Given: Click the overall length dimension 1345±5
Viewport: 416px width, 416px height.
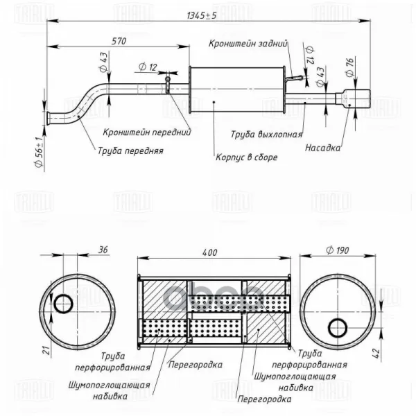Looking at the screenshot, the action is point(202,16).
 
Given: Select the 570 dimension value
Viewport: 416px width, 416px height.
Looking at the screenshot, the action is point(119,42).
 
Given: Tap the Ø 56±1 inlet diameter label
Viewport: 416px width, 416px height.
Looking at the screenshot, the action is point(39,152).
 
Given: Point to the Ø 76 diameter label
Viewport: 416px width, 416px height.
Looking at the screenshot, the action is point(350,67).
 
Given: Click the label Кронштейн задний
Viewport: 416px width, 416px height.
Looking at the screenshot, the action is point(248,44).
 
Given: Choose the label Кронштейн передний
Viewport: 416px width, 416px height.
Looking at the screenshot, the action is point(147,132).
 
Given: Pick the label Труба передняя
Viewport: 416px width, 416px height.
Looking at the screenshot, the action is point(130,151).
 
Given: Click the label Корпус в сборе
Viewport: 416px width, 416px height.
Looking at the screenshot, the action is point(246,157).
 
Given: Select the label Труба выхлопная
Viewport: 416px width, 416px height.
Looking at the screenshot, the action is point(267,135).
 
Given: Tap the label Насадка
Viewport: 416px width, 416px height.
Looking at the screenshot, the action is point(322,148).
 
